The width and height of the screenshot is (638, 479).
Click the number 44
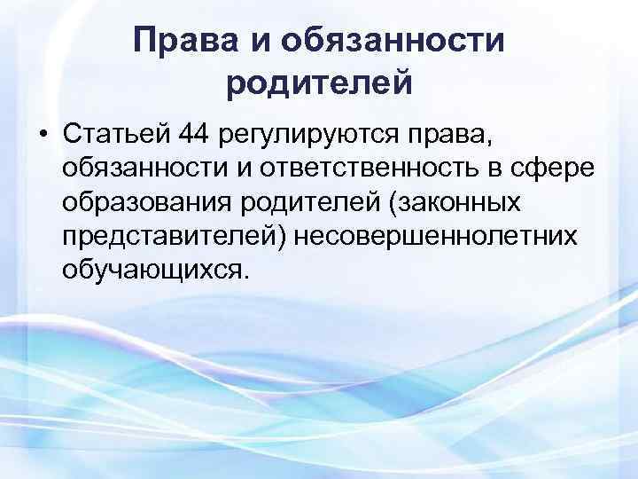point(197,136)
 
